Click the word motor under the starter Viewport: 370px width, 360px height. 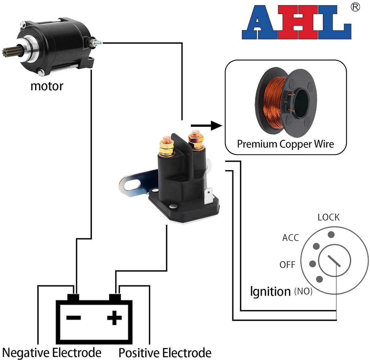[x=47, y=87]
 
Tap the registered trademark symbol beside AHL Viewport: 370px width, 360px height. [x=355, y=7]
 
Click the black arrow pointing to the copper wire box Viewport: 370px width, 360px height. [x=207, y=126]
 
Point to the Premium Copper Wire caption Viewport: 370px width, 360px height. [x=286, y=144]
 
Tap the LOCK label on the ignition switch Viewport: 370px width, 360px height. [x=329, y=217]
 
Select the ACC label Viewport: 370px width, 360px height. [x=290, y=238]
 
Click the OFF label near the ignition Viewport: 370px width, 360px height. [x=287, y=265]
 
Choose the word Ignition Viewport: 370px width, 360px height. [x=270, y=291]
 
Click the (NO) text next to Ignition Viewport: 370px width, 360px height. [x=303, y=291]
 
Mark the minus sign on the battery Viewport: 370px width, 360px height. [x=74, y=318]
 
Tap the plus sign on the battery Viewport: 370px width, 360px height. [x=114, y=318]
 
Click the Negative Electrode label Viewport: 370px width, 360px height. [x=52, y=353]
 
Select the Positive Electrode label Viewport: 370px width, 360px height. [x=165, y=353]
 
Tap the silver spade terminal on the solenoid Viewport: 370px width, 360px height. [x=208, y=196]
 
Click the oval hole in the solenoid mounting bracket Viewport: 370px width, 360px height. [x=133, y=184]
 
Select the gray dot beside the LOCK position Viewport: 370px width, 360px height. [x=331, y=234]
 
